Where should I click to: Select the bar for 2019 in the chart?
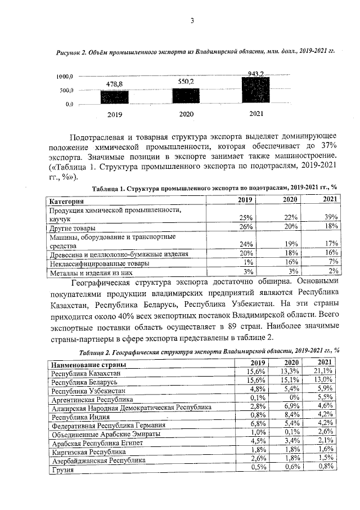click(x=114, y=97)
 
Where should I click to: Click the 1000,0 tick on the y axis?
click(x=67, y=77)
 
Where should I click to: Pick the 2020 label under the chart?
click(x=186, y=115)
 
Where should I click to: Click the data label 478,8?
click(x=115, y=84)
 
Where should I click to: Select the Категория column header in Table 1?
click(x=67, y=201)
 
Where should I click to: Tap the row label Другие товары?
click(x=72, y=228)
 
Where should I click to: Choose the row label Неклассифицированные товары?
click(x=99, y=263)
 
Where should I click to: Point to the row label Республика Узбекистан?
click(x=87, y=390)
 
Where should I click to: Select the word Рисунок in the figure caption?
click(x=70, y=51)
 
